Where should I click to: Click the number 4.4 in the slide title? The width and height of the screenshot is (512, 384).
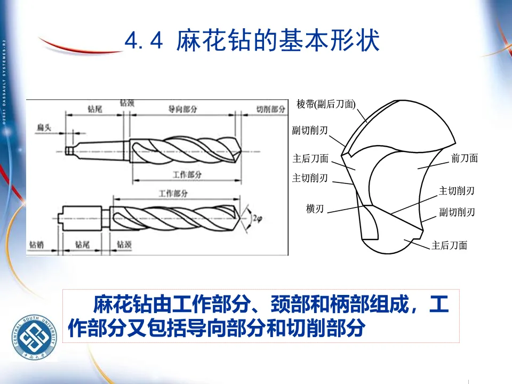coord(143,41)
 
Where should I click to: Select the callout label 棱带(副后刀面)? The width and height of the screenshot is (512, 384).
coord(326,104)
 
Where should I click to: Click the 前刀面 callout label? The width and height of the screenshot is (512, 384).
coord(464,158)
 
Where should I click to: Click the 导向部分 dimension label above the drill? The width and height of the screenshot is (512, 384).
coord(182,109)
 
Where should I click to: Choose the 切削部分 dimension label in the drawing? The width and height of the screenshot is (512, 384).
coord(270,109)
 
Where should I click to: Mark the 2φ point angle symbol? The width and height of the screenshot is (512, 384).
coord(258,218)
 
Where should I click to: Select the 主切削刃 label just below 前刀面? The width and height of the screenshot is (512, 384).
coord(457,190)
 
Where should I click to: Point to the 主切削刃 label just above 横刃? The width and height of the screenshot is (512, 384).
coord(310,178)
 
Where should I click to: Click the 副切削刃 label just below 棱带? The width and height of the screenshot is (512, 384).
coord(310,130)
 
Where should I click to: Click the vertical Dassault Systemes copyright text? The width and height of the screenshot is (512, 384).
coord(4,80)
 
